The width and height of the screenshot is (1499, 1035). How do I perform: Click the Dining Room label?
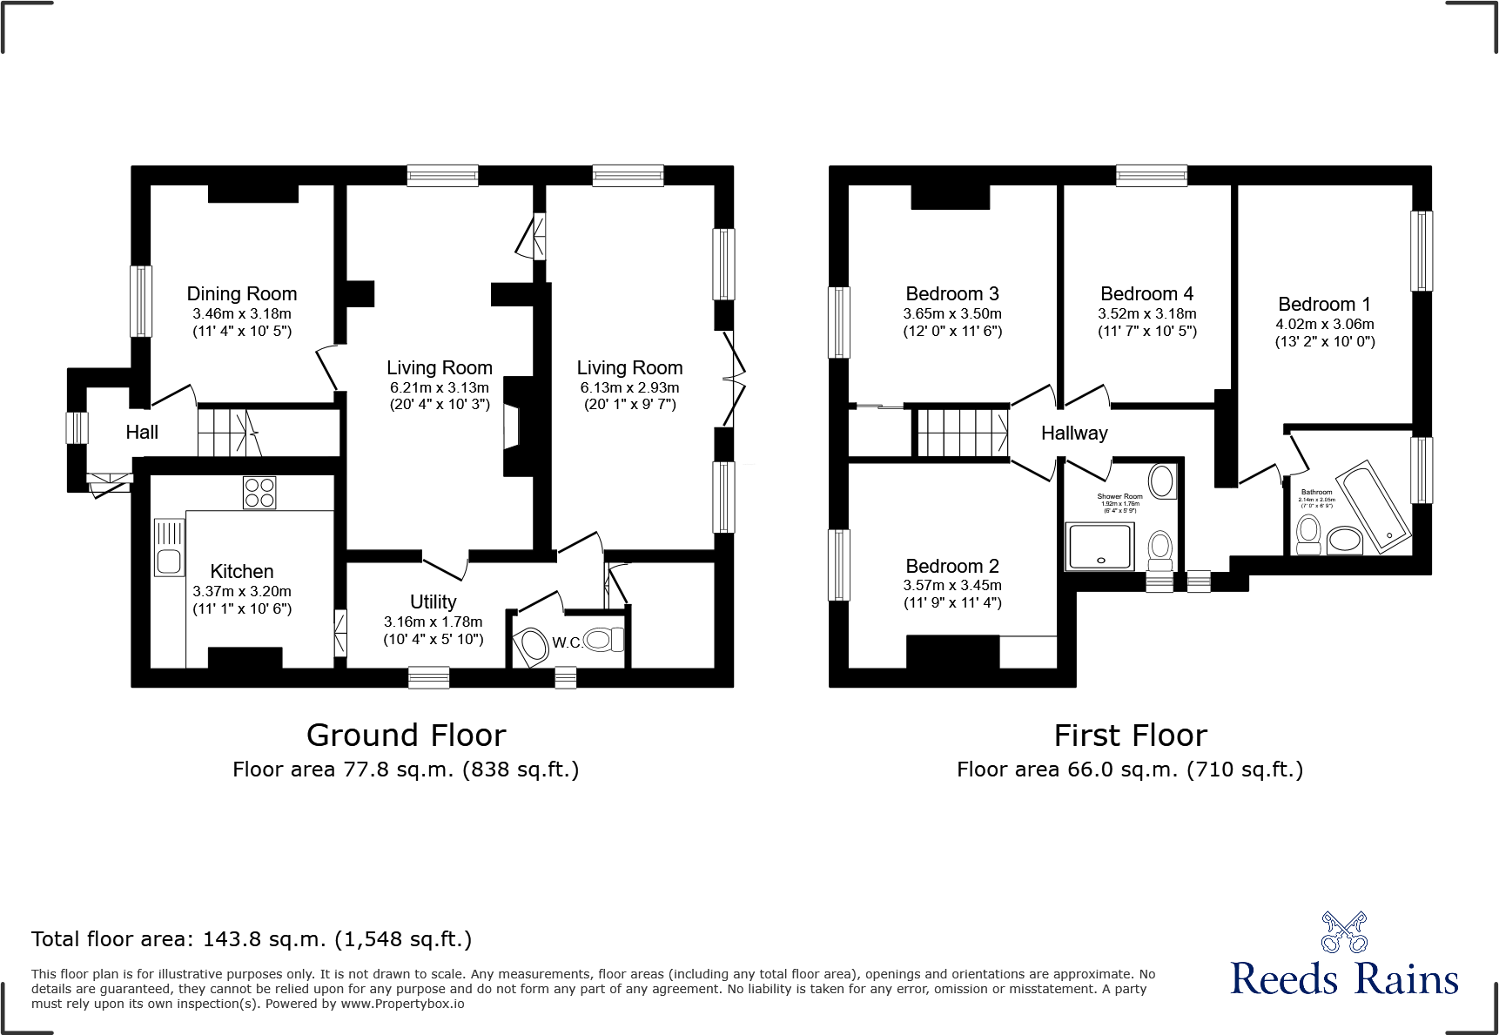point(242,294)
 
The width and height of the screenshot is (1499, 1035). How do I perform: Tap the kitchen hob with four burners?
point(259,492)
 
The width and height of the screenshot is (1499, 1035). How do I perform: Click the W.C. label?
point(567,642)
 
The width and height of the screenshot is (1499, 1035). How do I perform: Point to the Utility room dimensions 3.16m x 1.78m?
point(433,622)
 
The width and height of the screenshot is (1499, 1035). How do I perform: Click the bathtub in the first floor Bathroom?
point(1374,507)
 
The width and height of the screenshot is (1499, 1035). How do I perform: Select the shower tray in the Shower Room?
point(1100,546)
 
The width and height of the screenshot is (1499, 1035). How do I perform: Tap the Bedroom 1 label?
point(1324,305)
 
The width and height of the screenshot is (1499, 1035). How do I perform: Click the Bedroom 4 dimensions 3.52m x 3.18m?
point(1146,313)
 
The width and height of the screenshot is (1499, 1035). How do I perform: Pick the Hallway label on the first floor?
point(1074,433)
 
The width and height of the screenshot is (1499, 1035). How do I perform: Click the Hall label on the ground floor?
point(142,433)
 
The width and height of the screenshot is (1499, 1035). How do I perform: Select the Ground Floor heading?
point(406,736)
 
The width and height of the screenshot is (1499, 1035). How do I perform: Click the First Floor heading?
point(1130,736)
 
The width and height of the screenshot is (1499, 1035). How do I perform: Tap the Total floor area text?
point(252,939)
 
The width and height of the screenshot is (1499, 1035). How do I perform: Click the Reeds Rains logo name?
point(1344,979)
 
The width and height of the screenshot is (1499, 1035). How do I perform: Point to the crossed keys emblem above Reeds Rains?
point(1344,932)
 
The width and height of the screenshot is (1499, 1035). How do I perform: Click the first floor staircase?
point(961,433)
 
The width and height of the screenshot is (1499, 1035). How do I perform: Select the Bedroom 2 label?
point(952,567)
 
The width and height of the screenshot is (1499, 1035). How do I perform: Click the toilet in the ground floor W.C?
point(602,640)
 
